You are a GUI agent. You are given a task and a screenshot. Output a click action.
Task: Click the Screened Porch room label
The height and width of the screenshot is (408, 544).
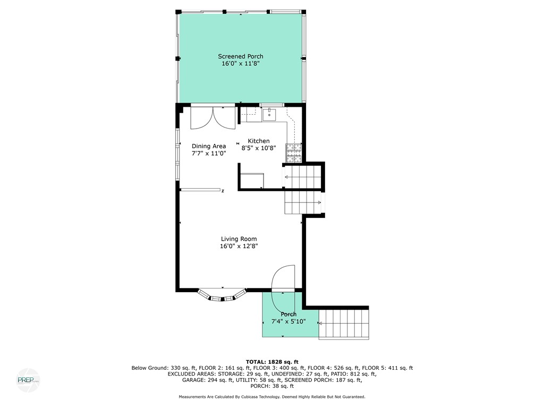[240, 56]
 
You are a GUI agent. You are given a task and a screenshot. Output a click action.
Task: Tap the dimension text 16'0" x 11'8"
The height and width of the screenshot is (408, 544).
[240, 64]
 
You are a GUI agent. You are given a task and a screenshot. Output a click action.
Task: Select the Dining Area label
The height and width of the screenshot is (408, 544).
[209, 146]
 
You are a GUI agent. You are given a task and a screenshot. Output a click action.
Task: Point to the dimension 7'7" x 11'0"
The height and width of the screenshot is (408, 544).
[209, 153]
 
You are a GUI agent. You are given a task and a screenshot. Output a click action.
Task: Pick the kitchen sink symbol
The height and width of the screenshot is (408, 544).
[269, 114]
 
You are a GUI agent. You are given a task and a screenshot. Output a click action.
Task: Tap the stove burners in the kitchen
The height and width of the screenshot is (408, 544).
[294, 153]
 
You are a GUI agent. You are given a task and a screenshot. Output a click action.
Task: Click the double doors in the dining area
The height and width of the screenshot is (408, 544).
[212, 117]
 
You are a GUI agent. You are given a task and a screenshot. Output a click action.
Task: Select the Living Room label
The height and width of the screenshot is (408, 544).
[239, 239]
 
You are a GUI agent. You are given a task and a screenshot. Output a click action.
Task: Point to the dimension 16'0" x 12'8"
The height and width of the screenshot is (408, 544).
[239, 246]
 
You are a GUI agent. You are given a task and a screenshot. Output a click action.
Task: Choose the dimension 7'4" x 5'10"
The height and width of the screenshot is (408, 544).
[288, 321]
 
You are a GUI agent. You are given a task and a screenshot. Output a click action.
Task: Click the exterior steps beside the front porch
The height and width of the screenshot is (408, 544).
[344, 325]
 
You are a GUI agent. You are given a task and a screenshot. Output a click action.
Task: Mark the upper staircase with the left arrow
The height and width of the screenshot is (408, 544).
[303, 177]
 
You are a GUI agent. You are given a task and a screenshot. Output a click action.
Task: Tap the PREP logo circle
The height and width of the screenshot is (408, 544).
[28, 380]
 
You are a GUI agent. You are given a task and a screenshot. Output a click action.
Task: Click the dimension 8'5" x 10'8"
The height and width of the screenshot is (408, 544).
[262, 148]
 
